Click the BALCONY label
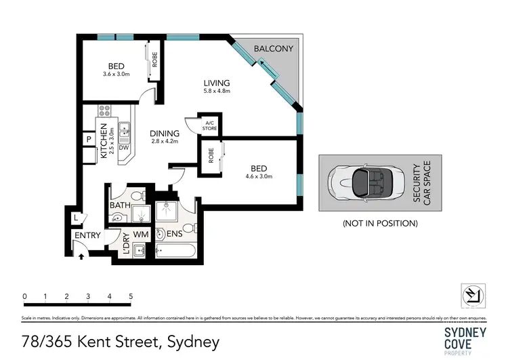(x=273, y=49)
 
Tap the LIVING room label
(x=217, y=83)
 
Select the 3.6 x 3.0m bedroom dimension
(x=116, y=74)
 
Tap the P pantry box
(x=88, y=140)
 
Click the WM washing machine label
(x=141, y=235)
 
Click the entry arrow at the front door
(x=82, y=256)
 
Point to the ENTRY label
(x=88, y=235)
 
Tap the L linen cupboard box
(x=76, y=218)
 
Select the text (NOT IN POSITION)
(x=380, y=222)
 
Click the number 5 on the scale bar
(x=130, y=296)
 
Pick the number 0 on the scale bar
(x=24, y=296)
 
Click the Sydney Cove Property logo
(x=465, y=338)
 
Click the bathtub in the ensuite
(x=175, y=252)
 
